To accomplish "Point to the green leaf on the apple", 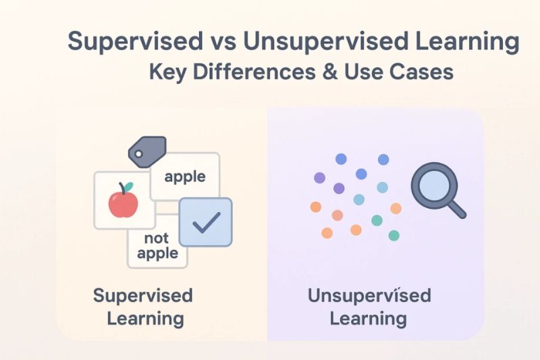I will coord(128,186).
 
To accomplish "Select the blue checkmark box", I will coord(205,222).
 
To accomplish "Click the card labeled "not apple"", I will coord(156,246).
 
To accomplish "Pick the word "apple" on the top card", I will coord(184,177).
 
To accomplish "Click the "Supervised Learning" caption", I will coord(142,306).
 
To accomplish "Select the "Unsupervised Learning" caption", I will coord(369,306).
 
